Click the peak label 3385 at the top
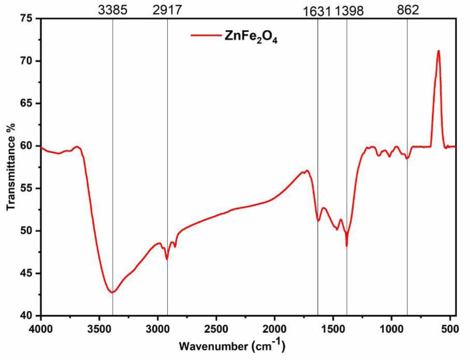point(112,9)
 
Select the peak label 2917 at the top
point(167,9)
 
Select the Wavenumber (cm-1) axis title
point(232,345)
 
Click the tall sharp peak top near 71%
point(438,51)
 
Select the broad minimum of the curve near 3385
point(112,292)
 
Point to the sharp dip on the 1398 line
point(347,246)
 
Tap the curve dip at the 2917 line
point(167,259)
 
